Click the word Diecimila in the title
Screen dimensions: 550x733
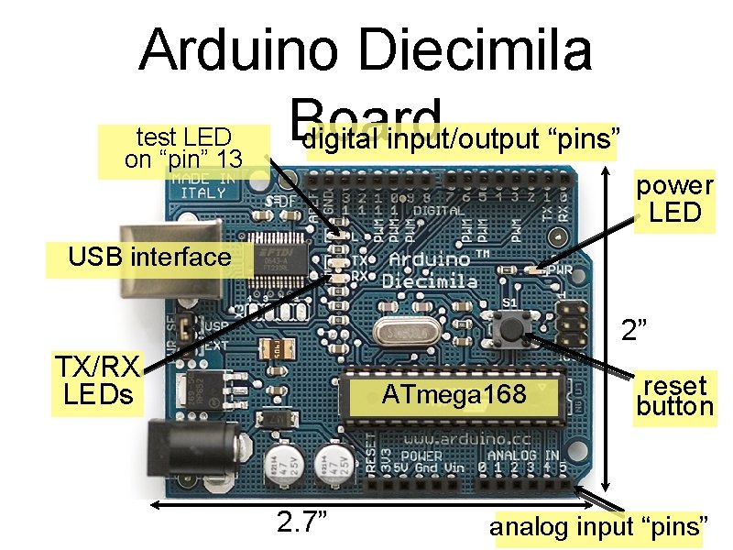tap(478, 51)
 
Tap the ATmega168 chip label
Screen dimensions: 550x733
tap(454, 395)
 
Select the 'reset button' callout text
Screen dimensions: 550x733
tap(674, 396)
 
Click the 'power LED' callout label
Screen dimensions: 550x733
tap(674, 199)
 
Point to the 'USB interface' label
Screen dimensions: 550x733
tap(149, 257)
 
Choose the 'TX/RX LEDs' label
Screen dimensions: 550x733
tap(96, 381)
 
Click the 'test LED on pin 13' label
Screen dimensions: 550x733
tap(182, 148)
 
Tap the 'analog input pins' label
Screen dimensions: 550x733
tap(599, 527)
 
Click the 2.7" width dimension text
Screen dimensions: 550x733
tap(302, 522)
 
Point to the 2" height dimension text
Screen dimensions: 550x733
tap(635, 329)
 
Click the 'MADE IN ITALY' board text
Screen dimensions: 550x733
tap(202, 185)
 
